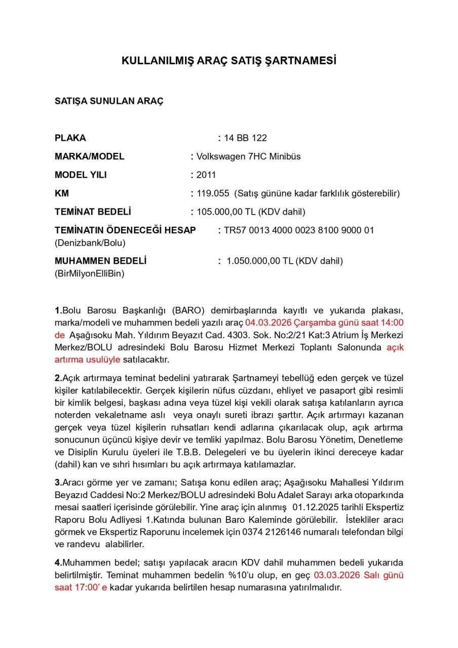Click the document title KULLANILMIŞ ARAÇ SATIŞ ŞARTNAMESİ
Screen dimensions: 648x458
pyautogui.click(x=229, y=61)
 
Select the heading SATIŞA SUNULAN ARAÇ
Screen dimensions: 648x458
pyautogui.click(x=109, y=101)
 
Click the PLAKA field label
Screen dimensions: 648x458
pyautogui.click(x=70, y=138)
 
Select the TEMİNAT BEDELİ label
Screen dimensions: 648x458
pyautogui.click(x=93, y=212)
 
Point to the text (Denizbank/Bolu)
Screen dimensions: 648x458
pyautogui.click(x=90, y=242)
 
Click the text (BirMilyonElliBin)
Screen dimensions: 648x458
pyautogui.click(x=90, y=273)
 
